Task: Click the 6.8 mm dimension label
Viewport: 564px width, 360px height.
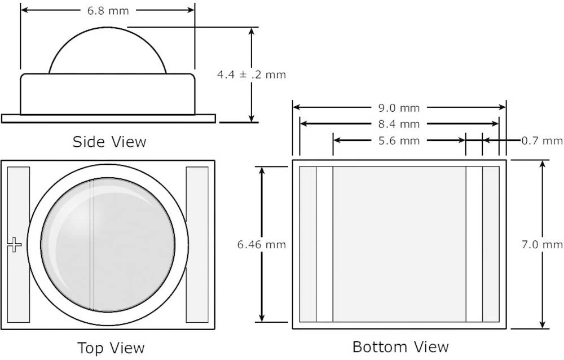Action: [x=107, y=11]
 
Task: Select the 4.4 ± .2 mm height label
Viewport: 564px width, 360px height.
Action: [x=252, y=74]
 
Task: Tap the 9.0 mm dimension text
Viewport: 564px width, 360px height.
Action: [x=400, y=108]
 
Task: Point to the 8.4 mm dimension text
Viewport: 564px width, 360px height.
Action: [x=400, y=124]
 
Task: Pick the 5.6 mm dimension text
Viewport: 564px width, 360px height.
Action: [x=400, y=141]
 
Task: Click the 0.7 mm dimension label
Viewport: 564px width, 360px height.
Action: [x=542, y=141]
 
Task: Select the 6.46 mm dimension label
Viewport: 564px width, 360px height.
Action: [x=262, y=244]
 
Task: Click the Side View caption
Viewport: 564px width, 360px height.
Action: [x=109, y=141]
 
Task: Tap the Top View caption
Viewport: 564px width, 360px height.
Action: [x=111, y=348]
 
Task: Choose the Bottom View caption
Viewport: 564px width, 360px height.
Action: [x=400, y=346]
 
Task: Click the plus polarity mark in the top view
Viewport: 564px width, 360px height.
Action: [x=14, y=244]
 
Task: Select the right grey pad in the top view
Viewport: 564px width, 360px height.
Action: [x=197, y=244]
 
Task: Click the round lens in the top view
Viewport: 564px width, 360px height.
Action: [x=108, y=244]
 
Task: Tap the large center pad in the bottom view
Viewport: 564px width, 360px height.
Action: [x=399, y=244]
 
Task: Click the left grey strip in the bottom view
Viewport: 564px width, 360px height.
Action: [x=307, y=244]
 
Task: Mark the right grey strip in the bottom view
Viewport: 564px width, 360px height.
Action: [x=491, y=244]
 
